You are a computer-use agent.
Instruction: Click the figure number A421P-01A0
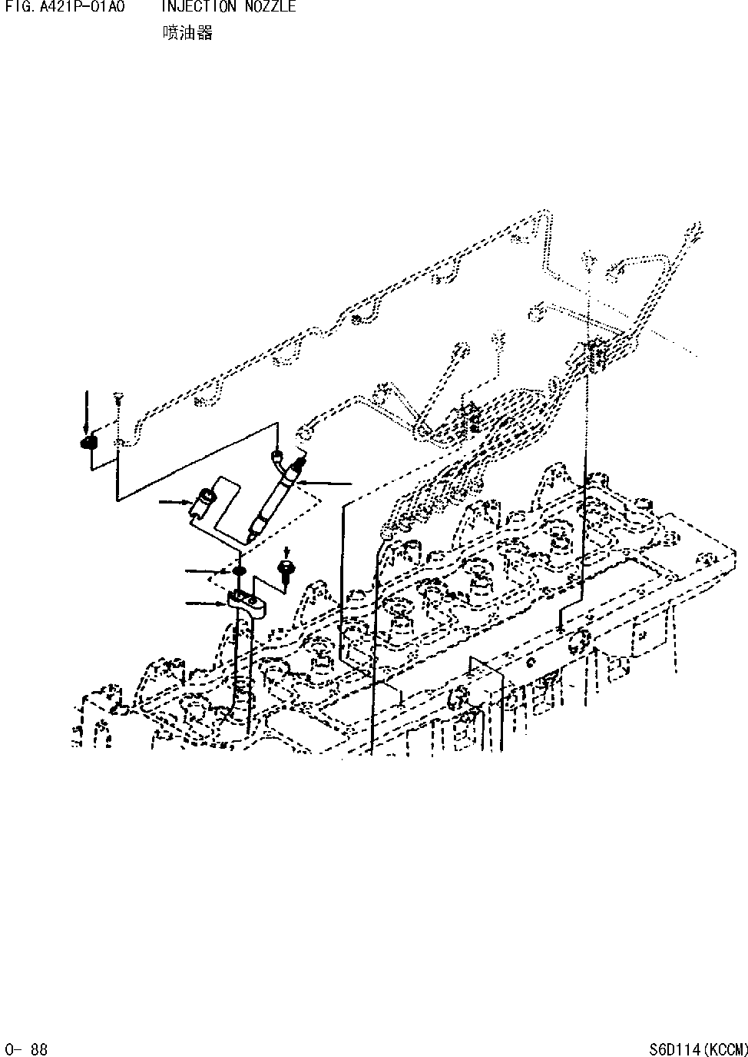point(80,6)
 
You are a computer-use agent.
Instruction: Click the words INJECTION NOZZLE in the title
point(228,6)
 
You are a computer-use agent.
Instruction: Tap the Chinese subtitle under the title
point(187,32)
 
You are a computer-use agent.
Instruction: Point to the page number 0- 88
point(25,1049)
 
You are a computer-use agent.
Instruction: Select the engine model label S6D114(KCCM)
point(698,1049)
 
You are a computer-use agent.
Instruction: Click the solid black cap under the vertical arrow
point(88,443)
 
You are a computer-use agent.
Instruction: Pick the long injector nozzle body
point(275,499)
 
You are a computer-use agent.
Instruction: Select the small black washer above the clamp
point(239,571)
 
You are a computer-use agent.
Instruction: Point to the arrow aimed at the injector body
point(324,483)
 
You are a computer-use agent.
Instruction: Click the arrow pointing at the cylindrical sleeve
point(175,502)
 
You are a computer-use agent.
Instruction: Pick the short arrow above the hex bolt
point(286,553)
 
